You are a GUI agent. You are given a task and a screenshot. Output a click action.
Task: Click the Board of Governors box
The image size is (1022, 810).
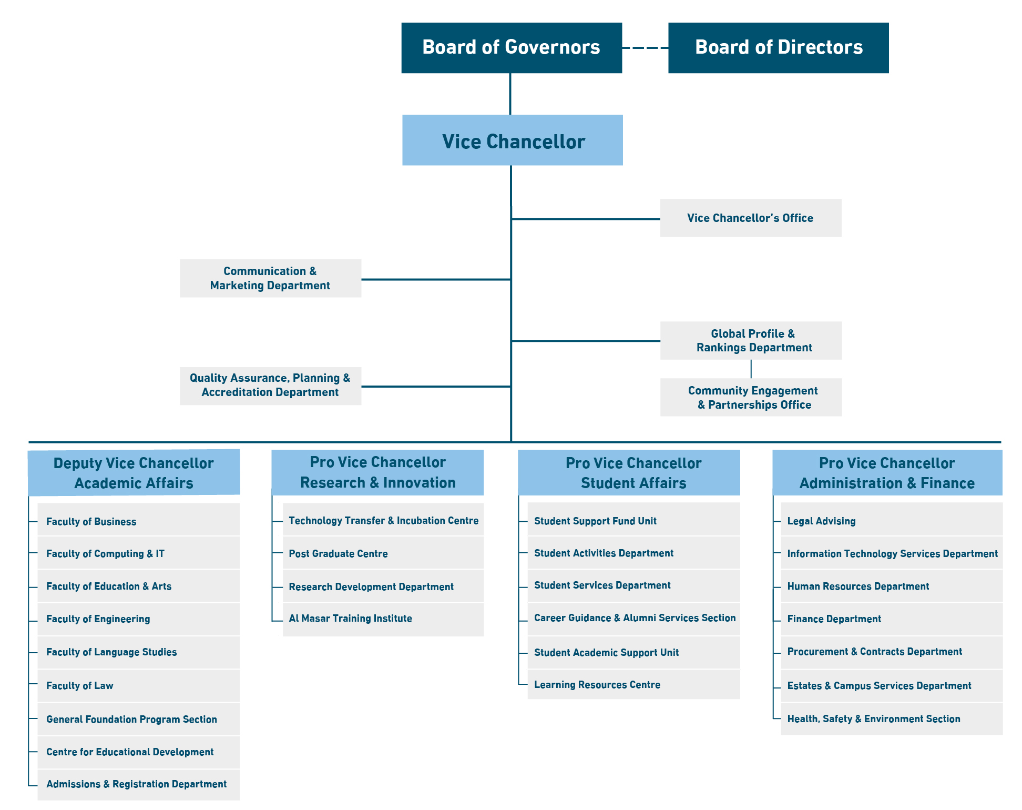click(x=511, y=47)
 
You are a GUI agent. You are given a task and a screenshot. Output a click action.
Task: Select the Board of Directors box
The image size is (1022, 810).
click(x=778, y=47)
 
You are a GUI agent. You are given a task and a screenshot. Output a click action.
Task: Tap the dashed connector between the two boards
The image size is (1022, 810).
click(x=645, y=48)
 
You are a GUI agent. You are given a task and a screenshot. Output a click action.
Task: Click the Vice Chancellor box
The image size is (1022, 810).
click(x=513, y=140)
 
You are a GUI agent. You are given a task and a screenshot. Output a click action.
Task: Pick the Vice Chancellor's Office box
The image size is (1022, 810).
click(x=750, y=218)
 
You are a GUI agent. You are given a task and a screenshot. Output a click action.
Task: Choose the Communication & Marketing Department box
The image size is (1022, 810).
click(x=270, y=278)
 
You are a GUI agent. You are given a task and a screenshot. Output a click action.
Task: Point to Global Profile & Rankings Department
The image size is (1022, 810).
click(x=751, y=340)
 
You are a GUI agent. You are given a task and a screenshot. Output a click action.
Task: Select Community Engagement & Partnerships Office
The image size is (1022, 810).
click(x=751, y=397)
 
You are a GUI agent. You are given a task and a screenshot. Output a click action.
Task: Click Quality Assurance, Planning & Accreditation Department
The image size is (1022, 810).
click(x=270, y=386)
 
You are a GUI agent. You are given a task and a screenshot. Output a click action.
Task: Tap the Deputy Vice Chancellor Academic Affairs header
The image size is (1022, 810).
click(x=134, y=472)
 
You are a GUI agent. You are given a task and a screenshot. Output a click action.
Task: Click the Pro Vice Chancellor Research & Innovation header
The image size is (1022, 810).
click(x=377, y=472)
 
